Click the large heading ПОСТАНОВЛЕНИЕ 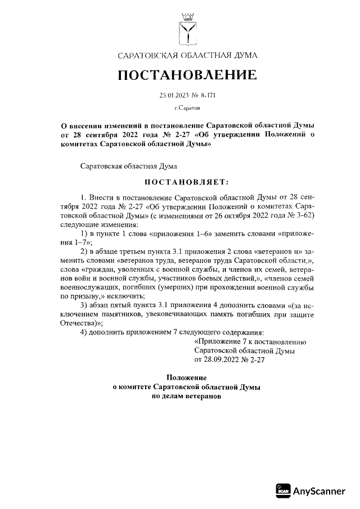(x=187, y=74)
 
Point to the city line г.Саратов (x=187, y=107)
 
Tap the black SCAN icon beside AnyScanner (x=283, y=491)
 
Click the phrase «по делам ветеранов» (x=187, y=397)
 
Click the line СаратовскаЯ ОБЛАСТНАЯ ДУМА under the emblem (x=187, y=55)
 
